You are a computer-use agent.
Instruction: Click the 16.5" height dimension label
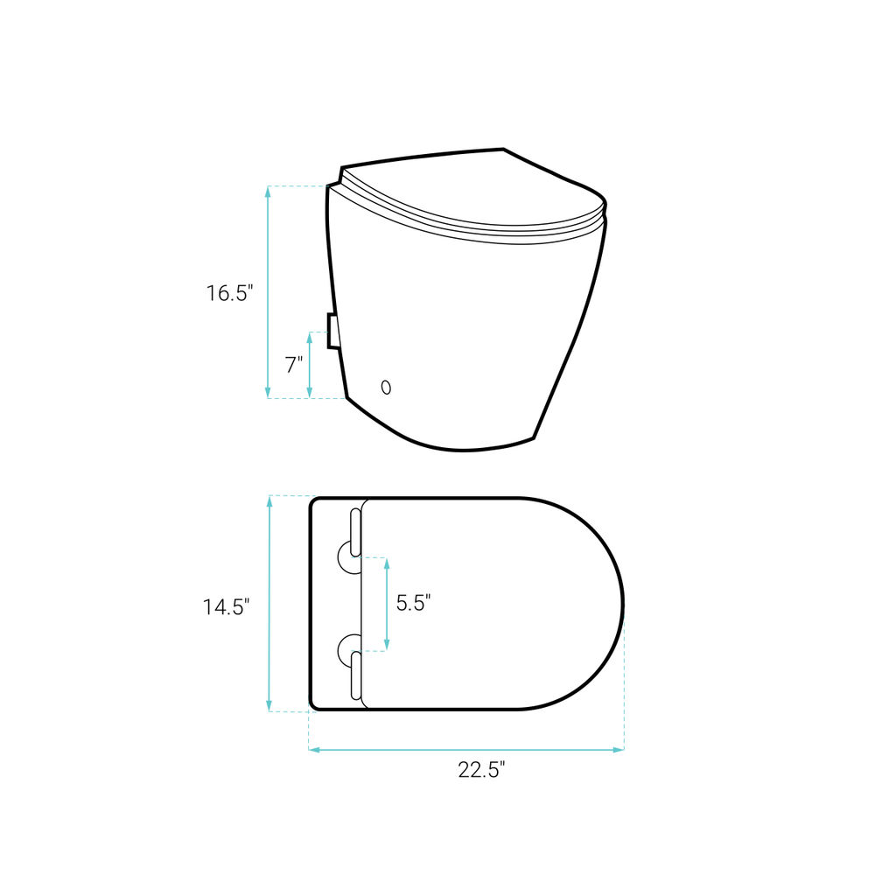pos(230,293)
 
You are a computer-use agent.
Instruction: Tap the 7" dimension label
pos(294,365)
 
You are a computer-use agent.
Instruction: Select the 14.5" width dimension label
pos(226,606)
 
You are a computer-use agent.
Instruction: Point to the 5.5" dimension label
pos(414,603)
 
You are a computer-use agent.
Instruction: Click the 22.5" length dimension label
pos(481,769)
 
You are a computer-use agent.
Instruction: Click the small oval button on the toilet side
pos(386,387)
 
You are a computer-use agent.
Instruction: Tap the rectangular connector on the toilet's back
pos(332,331)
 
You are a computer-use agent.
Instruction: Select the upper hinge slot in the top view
pos(355,533)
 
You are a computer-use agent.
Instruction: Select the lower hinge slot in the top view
pos(355,675)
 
